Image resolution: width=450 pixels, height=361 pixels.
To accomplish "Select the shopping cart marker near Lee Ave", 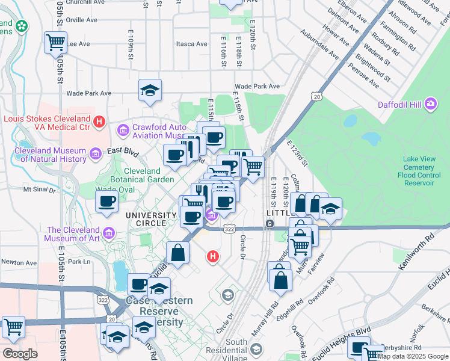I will pos(55,42).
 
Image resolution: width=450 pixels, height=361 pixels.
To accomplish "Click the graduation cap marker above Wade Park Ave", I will pos(150,91).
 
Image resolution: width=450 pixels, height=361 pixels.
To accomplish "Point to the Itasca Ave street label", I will pos(191,44).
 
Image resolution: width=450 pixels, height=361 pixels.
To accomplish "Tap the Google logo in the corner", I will pos(20,354).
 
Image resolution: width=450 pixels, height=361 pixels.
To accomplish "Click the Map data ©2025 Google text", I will pos(413,356).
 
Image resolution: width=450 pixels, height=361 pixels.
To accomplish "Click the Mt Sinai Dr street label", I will pos(39,189).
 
